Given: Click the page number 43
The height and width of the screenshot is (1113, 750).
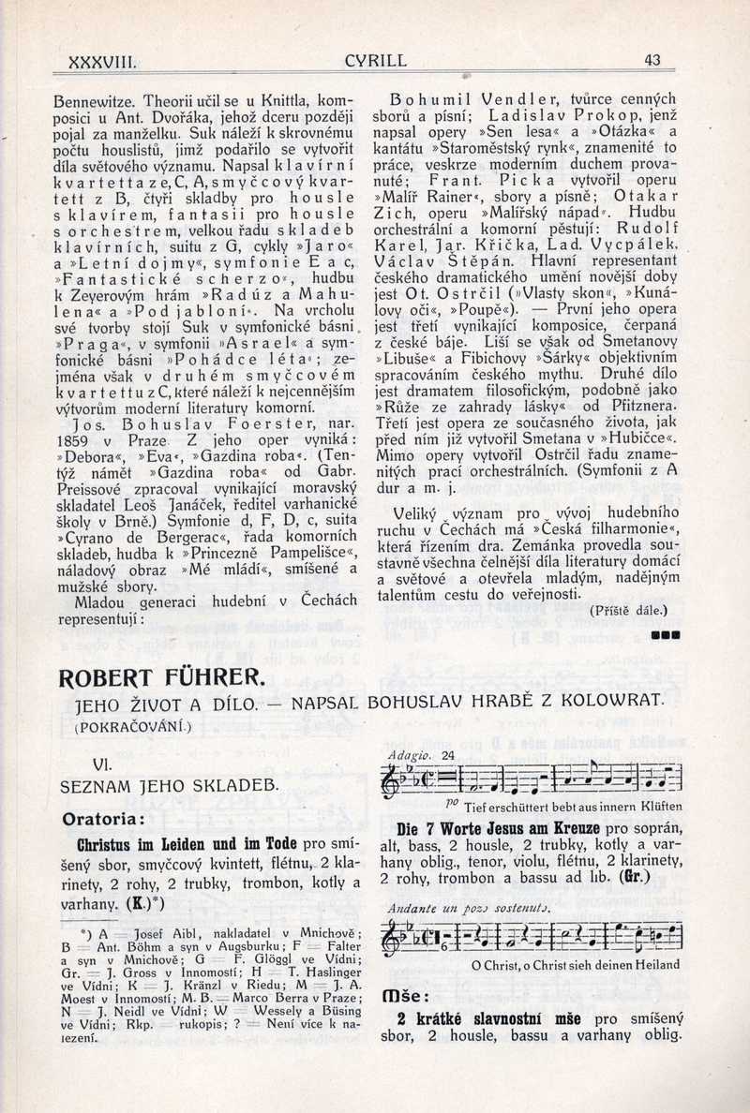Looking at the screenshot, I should tap(653, 61).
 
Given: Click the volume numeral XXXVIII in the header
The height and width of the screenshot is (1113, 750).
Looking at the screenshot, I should tap(104, 64).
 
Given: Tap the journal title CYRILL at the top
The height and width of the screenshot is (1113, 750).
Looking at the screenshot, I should tap(376, 63).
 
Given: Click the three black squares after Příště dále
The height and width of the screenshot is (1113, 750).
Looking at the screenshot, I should tap(664, 634).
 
